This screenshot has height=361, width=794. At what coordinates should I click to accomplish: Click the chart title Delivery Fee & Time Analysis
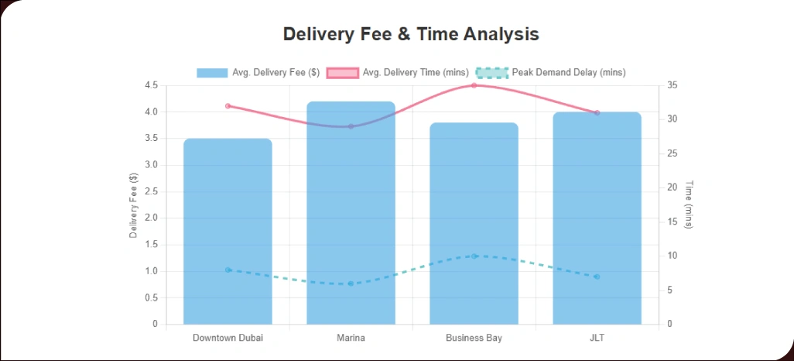[x=411, y=34]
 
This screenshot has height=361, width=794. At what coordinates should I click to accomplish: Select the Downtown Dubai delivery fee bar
[x=228, y=232]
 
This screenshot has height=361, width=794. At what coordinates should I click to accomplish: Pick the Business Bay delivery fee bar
[x=474, y=225]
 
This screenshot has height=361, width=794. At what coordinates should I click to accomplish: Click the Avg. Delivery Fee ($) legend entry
[x=258, y=73]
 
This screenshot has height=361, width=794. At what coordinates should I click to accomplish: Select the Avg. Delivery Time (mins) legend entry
[x=397, y=73]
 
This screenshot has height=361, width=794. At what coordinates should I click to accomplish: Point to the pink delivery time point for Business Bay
[x=474, y=85]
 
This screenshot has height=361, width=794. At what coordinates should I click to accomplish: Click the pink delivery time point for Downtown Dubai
[x=228, y=105]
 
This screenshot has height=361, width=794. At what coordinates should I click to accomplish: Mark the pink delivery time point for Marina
[x=351, y=126]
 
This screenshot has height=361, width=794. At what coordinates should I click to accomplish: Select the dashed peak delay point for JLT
[x=597, y=277]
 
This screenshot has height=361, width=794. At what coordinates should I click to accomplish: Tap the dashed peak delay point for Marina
[x=351, y=284]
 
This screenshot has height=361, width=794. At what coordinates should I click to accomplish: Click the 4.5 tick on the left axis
[x=151, y=85]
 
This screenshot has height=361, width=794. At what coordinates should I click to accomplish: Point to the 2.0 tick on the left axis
[x=151, y=218]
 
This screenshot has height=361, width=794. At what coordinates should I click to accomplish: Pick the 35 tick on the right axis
[x=672, y=85]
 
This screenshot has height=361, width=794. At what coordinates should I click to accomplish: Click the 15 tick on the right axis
[x=672, y=222]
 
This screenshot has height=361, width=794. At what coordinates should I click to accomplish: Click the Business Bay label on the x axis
[x=474, y=339]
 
